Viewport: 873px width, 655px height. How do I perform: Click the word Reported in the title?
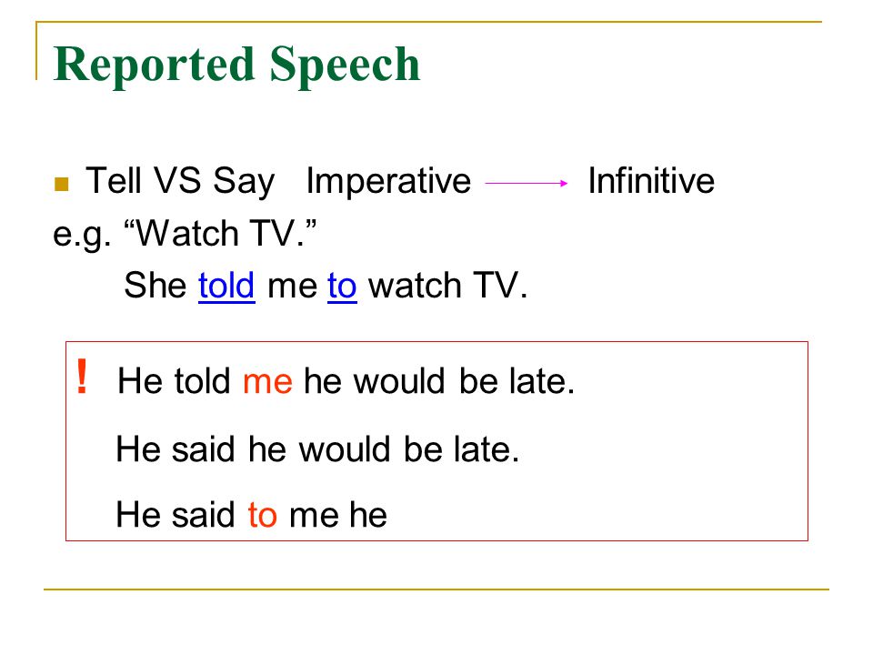click(x=155, y=66)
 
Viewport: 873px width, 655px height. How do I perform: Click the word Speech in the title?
click(x=345, y=66)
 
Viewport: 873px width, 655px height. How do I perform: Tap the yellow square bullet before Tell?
click(x=61, y=184)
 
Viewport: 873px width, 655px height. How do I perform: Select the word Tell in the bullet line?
click(x=113, y=180)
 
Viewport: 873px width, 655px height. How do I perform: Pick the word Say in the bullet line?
click(x=245, y=182)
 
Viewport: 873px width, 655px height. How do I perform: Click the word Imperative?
click(x=388, y=182)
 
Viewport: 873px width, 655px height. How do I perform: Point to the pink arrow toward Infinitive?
click(x=527, y=183)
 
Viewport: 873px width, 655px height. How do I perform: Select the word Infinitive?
click(x=651, y=180)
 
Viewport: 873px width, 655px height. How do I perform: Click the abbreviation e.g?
click(x=81, y=235)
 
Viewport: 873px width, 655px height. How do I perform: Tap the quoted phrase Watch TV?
click(x=220, y=232)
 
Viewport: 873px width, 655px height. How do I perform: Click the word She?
click(x=156, y=285)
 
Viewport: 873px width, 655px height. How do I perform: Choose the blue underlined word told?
click(x=226, y=286)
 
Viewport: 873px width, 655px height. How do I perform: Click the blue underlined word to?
click(x=342, y=287)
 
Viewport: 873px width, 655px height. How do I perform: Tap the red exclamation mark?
click(x=82, y=376)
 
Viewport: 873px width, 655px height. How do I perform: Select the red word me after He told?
click(x=267, y=382)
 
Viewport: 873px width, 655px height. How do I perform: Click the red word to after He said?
click(x=262, y=515)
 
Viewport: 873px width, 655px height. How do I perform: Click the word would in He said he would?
click(x=344, y=448)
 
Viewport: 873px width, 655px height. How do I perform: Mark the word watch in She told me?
click(x=415, y=285)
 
